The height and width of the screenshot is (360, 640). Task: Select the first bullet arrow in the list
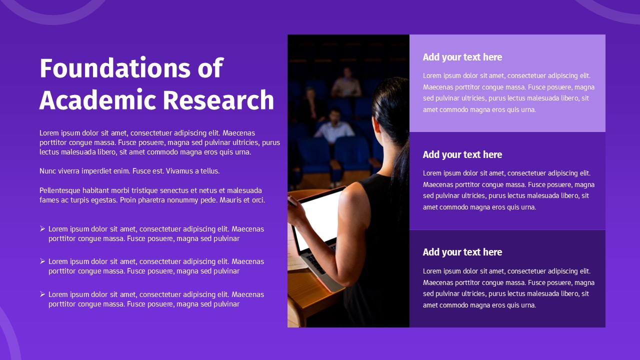[x=42, y=228]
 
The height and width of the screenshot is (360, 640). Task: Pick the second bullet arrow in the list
[x=42, y=261]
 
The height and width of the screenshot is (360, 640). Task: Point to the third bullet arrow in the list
[x=42, y=294]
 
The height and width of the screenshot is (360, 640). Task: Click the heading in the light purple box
[x=462, y=57]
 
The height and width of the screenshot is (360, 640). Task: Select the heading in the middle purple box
[x=462, y=154]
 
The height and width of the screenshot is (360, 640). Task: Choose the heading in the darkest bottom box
[x=462, y=252]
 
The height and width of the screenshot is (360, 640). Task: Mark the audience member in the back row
[x=346, y=84]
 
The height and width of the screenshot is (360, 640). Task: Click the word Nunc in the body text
[x=48, y=171]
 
